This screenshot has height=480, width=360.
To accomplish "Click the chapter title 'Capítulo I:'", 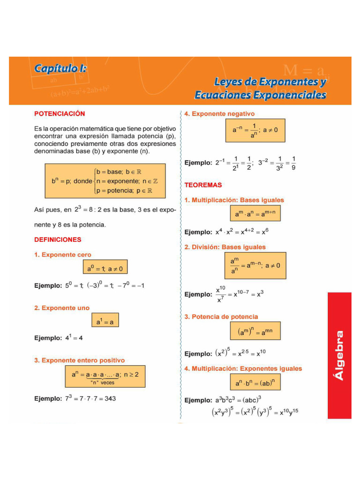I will pyautogui.click(x=60, y=68).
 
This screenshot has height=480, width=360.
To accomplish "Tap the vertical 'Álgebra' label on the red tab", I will pyautogui.click(x=339, y=355).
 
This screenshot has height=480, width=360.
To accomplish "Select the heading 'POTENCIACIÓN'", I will pyautogui.click(x=60, y=113).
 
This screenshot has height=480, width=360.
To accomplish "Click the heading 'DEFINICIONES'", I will pyautogui.click(x=58, y=240).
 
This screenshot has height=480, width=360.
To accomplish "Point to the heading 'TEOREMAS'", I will pyautogui.click(x=203, y=185).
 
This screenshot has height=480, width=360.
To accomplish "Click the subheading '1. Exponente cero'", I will pyautogui.click(x=62, y=255).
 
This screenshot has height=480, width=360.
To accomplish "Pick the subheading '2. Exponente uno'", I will pyautogui.click(x=61, y=308).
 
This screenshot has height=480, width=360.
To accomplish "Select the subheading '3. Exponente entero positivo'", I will pyautogui.click(x=79, y=360).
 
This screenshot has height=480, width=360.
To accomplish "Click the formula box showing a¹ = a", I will pyautogui.click(x=105, y=322).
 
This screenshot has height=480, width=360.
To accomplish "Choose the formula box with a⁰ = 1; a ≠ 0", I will pyautogui.click(x=105, y=269).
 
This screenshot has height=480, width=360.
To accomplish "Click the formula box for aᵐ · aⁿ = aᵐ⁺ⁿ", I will pyautogui.click(x=255, y=214).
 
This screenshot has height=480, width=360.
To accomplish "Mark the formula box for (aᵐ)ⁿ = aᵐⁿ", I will pyautogui.click(x=255, y=332).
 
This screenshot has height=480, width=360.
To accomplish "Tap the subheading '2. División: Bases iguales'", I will pyautogui.click(x=225, y=247).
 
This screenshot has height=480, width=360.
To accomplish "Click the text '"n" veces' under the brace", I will pyautogui.click(x=102, y=382).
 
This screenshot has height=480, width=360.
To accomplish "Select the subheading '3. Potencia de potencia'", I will pyautogui.click(x=221, y=317).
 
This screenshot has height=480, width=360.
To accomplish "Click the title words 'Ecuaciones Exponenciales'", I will pyautogui.click(x=261, y=95).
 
